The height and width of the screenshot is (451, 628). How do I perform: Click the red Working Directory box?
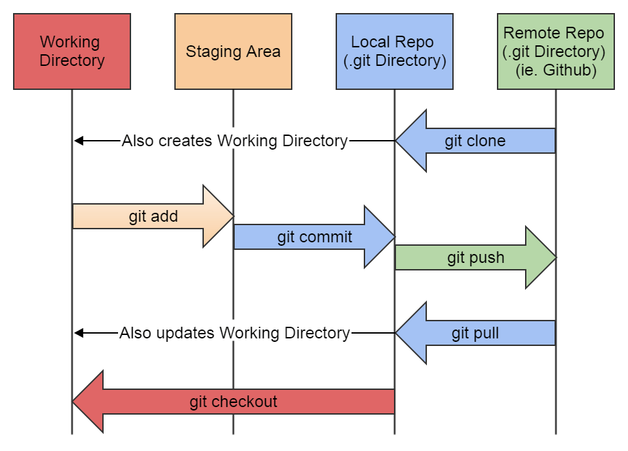click(x=72, y=51)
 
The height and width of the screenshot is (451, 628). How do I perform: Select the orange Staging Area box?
click(x=233, y=51)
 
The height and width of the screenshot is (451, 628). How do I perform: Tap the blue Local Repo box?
click(x=395, y=51)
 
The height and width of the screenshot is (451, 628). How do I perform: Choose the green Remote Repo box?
click(x=555, y=51)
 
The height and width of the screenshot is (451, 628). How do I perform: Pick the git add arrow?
click(x=153, y=217)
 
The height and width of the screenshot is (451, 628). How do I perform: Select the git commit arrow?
click(x=314, y=238)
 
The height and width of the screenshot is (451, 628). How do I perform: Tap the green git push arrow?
click(x=476, y=258)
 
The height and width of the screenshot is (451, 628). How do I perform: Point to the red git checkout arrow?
click(x=233, y=402)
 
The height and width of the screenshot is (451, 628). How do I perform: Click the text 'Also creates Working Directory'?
click(x=235, y=141)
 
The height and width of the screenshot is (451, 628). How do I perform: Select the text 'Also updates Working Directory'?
click(x=235, y=334)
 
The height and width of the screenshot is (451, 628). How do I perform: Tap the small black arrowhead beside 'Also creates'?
click(x=78, y=141)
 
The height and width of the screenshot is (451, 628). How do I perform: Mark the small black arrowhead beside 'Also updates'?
click(x=78, y=334)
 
